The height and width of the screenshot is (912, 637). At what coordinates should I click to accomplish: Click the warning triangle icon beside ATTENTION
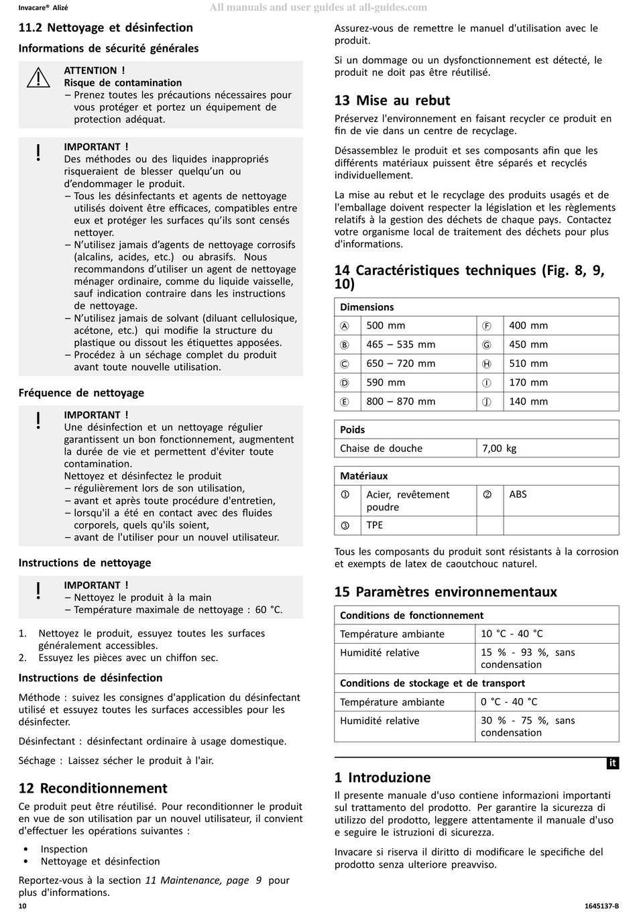click(39, 78)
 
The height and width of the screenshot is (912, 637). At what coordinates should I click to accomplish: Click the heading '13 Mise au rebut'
click(392, 101)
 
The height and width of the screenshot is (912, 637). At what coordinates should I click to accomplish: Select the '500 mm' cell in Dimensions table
click(386, 326)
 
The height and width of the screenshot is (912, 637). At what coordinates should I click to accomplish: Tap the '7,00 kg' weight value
click(499, 449)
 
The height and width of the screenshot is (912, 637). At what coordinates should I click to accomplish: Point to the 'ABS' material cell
click(518, 494)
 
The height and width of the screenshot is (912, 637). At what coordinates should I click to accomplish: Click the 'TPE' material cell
click(375, 525)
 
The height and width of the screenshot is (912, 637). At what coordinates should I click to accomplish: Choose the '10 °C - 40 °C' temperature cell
click(512, 634)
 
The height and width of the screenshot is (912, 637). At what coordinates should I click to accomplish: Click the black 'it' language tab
click(612, 763)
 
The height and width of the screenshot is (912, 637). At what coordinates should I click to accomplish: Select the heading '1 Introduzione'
click(382, 778)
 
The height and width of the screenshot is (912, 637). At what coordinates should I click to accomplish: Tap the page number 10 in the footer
click(23, 906)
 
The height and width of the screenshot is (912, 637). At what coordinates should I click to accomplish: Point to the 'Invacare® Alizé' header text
click(43, 8)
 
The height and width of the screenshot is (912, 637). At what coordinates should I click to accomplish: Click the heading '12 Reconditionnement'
click(93, 789)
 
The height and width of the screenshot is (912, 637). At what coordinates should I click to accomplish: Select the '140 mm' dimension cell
click(528, 402)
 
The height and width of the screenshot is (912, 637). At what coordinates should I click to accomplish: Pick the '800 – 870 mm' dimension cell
click(400, 402)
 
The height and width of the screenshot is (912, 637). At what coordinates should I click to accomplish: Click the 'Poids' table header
click(353, 430)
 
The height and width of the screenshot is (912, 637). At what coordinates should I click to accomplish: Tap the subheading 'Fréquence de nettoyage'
click(81, 393)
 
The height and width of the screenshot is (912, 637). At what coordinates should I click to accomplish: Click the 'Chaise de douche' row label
click(381, 449)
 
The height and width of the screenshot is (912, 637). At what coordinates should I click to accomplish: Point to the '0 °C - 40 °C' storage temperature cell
click(509, 702)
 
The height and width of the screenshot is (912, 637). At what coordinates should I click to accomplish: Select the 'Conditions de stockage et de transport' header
click(432, 683)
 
